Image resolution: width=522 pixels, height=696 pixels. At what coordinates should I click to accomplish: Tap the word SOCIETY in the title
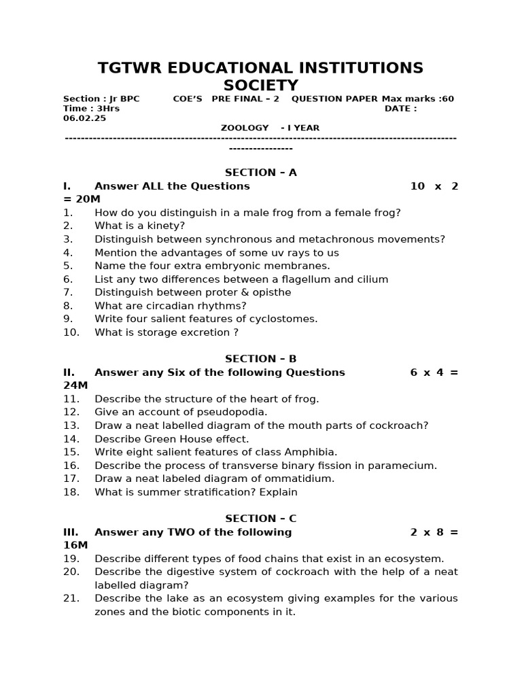click(x=261, y=86)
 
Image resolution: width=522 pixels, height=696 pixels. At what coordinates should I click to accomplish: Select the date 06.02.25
click(x=84, y=118)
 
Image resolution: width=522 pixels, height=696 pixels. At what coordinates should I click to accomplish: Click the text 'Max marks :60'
click(x=418, y=99)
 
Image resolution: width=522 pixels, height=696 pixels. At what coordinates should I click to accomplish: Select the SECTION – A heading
click(x=261, y=173)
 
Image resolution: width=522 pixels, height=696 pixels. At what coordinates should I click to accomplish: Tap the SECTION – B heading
click(x=261, y=359)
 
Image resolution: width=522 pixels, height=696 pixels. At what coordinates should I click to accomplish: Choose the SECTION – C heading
click(x=261, y=519)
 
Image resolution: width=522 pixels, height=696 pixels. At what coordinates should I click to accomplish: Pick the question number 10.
click(x=71, y=332)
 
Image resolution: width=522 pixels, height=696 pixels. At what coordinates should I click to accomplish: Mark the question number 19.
click(x=71, y=559)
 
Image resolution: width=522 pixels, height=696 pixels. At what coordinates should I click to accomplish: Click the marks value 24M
click(x=75, y=385)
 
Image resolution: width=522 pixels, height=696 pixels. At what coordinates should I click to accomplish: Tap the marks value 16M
click(x=75, y=545)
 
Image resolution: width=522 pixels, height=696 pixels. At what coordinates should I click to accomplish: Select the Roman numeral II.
click(x=69, y=372)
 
